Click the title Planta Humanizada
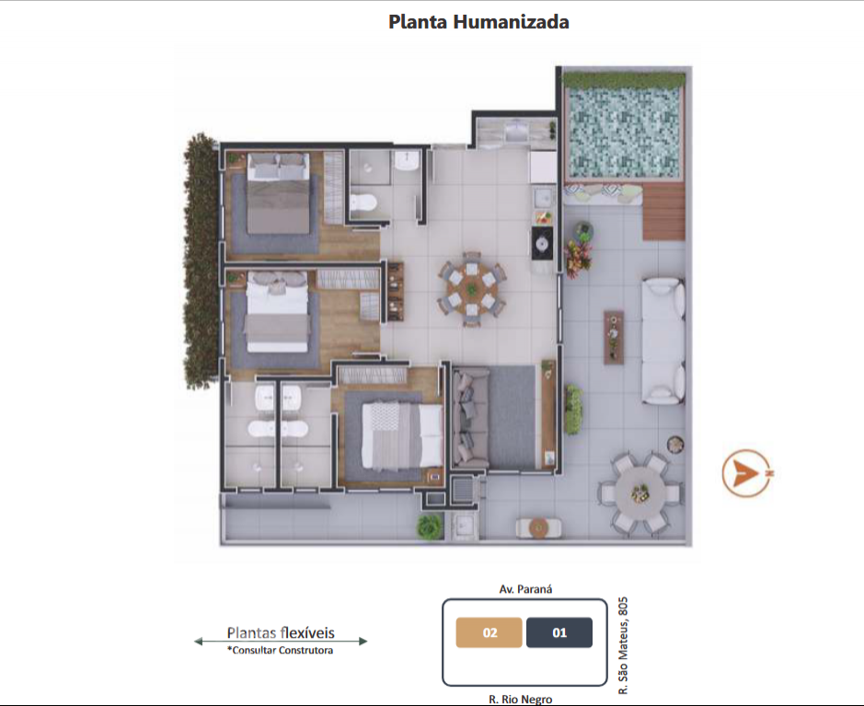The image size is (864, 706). tap(478, 22)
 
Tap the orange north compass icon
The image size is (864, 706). tap(747, 472)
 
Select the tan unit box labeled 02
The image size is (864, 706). tap(490, 632)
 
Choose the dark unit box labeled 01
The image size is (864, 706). tap(559, 632)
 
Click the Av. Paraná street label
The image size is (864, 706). tap(525, 589)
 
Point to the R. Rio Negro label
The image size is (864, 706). tap(521, 700)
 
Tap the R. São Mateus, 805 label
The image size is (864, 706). tap(623, 645)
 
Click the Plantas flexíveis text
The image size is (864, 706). tap(281, 632)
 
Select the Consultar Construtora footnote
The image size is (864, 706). tap(281, 651)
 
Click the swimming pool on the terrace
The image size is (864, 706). tap(624, 133)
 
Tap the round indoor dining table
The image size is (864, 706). tap(472, 289)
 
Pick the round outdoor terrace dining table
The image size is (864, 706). tap(640, 493)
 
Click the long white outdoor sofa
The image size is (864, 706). tap(663, 341)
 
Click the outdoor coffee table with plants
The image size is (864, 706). tap(614, 337)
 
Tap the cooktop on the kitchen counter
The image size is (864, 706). tap(542, 242)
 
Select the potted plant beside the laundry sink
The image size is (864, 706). tap(430, 527)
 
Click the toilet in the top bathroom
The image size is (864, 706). tap(363, 203)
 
